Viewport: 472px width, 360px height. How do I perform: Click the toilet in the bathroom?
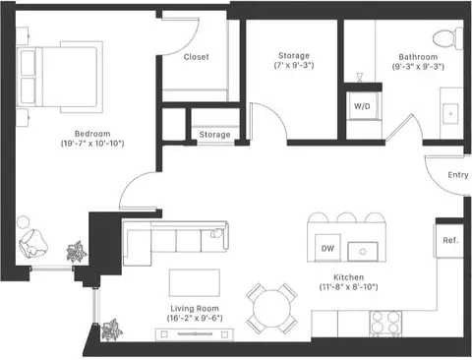pyautogui.click(x=447, y=38)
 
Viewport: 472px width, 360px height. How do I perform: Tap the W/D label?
pyautogui.click(x=362, y=106)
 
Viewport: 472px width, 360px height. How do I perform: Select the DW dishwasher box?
pyautogui.click(x=327, y=248)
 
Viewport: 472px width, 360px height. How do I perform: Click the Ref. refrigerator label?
pyautogui.click(x=450, y=240)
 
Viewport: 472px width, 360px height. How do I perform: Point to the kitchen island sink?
pyautogui.click(x=363, y=252)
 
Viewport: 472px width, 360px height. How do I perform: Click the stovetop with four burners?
pyautogui.click(x=385, y=323)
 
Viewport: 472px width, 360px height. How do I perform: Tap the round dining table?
pyautogui.click(x=271, y=308)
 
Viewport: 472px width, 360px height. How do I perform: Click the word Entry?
pyautogui.click(x=458, y=175)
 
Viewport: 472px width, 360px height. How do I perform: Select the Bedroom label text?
pyautogui.click(x=92, y=134)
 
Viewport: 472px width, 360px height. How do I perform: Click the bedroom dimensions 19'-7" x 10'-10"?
pyautogui.click(x=92, y=144)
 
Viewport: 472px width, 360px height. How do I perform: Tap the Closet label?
pyautogui.click(x=196, y=57)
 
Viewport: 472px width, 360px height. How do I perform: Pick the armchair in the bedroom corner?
pyautogui.click(x=33, y=244)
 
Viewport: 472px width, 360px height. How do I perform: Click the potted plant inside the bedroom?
pyautogui.click(x=77, y=252)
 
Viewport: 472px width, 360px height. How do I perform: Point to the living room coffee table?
pyautogui.click(x=195, y=283)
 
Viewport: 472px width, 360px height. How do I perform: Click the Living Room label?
pyautogui.click(x=195, y=309)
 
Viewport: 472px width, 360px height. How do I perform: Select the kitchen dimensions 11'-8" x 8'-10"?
pyautogui.click(x=348, y=287)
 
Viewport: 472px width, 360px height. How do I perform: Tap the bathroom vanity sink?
pyautogui.click(x=450, y=114)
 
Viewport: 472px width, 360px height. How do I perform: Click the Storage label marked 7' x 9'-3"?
pyautogui.click(x=294, y=56)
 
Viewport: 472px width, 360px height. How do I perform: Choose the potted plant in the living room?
pyautogui.click(x=111, y=330)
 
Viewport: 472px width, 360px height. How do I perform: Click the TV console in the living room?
pyautogui.click(x=195, y=334)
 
